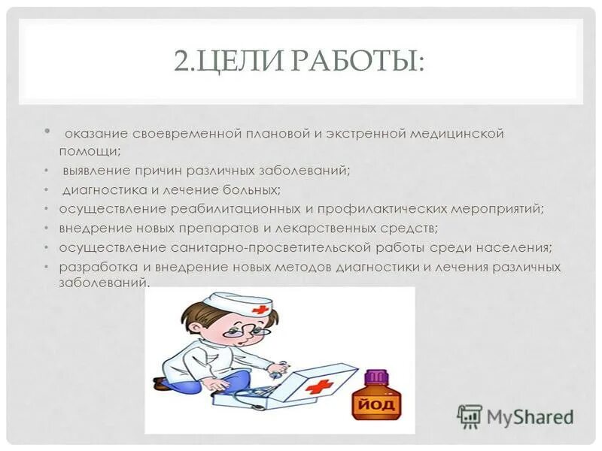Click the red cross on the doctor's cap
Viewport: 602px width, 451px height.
click(260, 309)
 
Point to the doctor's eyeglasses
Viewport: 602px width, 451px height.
click(248, 328)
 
